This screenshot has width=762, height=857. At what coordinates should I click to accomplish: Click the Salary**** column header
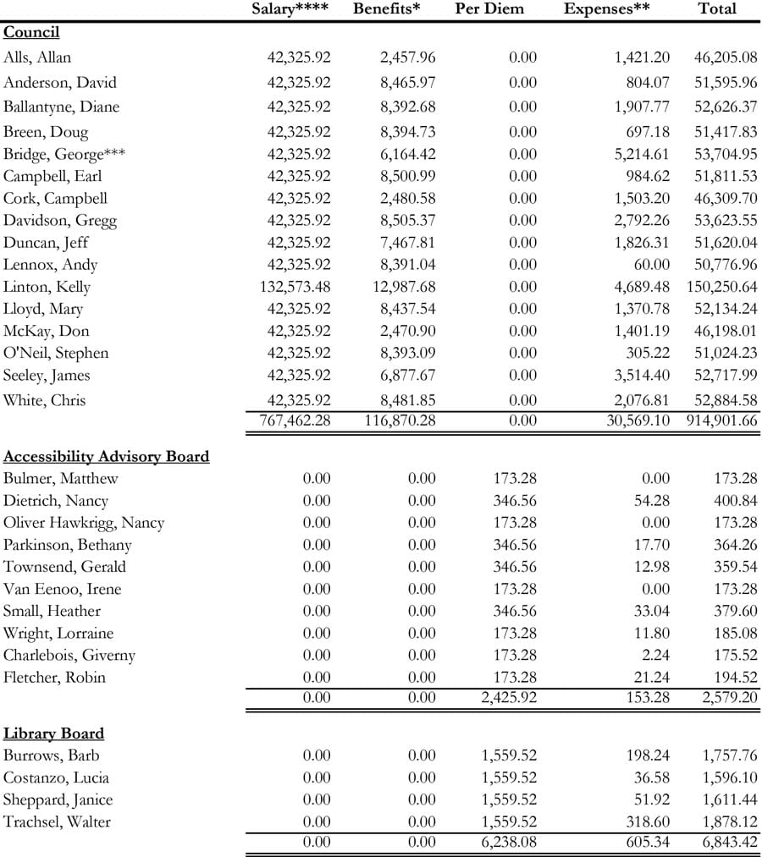pyautogui.click(x=290, y=9)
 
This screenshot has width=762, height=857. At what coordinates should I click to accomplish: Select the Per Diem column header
pyautogui.click(x=489, y=9)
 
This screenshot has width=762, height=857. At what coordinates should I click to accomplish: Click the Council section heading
pyautogui.click(x=31, y=33)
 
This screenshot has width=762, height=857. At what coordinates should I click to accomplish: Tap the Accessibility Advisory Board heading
pyautogui.click(x=106, y=457)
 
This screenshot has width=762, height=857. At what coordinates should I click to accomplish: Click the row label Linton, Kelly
pyautogui.click(x=47, y=287)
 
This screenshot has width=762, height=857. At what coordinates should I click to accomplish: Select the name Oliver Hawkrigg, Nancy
pyautogui.click(x=84, y=523)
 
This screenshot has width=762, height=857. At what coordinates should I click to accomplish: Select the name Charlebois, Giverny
pyautogui.click(x=69, y=655)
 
